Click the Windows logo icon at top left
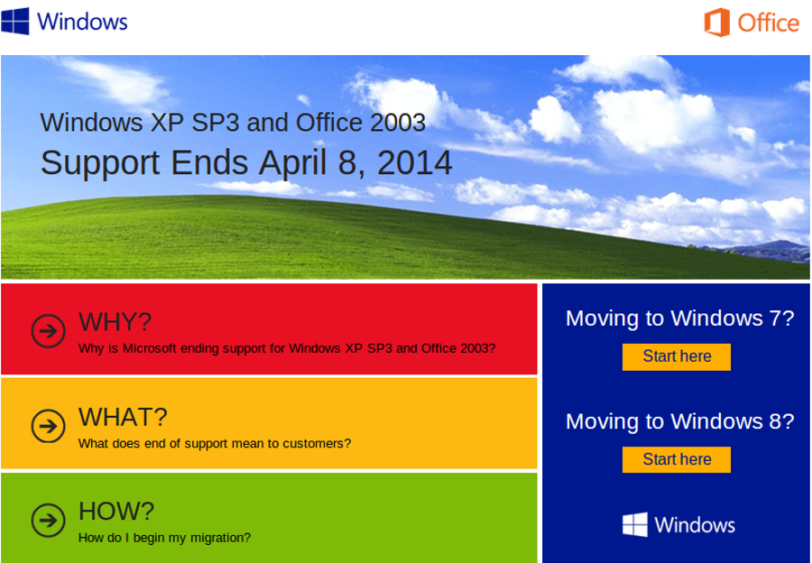pyautogui.click(x=15, y=21)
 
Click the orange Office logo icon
pyautogui.click(x=717, y=23)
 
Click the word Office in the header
pyautogui.click(x=768, y=23)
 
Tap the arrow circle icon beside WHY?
pyautogui.click(x=48, y=330)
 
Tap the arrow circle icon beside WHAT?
pyautogui.click(x=48, y=425)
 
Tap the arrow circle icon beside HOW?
pyautogui.click(x=48, y=520)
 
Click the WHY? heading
pyautogui.click(x=115, y=321)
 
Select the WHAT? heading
pyautogui.click(x=123, y=416)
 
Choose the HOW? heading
pyautogui.click(x=116, y=511)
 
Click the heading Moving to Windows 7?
pyautogui.click(x=679, y=318)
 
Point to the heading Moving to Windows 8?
pyautogui.click(x=679, y=420)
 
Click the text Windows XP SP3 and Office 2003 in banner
pyautogui.click(x=233, y=122)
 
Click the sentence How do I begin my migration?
pyautogui.click(x=164, y=538)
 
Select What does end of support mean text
pyautogui.click(x=214, y=443)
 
